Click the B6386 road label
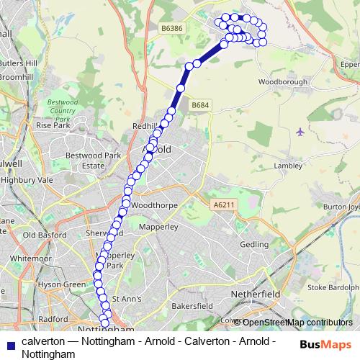tap(172, 27)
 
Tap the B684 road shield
tap(201, 106)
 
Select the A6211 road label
tap(223, 206)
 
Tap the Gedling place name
tap(253, 245)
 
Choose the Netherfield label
tap(256, 294)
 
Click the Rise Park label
tap(53, 125)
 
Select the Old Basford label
tap(45, 235)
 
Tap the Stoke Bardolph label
tap(333, 288)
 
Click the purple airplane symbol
tap(300, 132)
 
